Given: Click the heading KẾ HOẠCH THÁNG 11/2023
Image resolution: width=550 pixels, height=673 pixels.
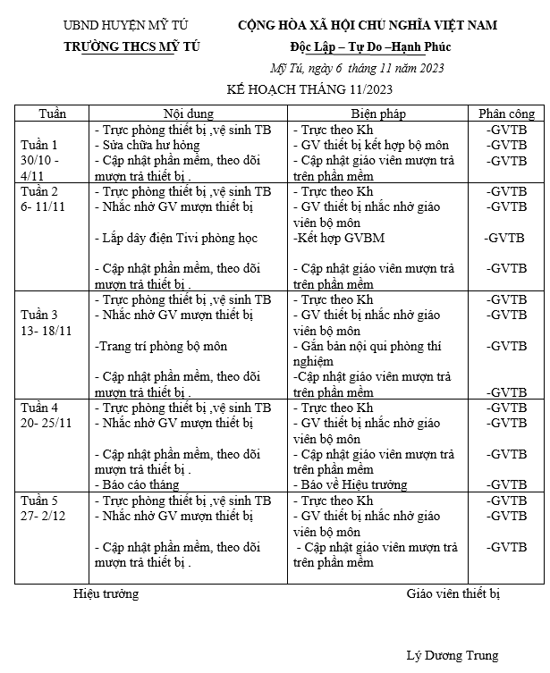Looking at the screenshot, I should (x=309, y=88).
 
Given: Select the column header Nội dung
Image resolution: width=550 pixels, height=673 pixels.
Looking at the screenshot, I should (x=188, y=114).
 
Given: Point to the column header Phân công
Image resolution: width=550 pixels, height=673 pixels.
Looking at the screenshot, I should (x=506, y=114).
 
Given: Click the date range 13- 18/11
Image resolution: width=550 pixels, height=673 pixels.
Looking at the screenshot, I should (x=46, y=330).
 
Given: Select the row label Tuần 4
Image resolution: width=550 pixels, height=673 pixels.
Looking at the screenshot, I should (x=39, y=407).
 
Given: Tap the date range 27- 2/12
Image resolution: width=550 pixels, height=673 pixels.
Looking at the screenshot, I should (x=46, y=515).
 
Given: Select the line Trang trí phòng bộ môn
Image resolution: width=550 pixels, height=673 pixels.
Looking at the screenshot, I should (x=157, y=346).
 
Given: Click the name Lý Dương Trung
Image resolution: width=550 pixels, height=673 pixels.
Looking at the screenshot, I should (x=452, y=656).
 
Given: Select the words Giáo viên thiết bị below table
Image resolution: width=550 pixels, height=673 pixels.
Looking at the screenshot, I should (x=453, y=593).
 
